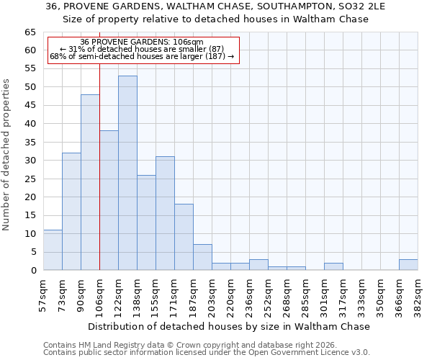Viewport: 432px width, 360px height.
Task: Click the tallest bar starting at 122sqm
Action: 127,173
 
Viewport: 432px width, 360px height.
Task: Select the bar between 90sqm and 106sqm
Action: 90,182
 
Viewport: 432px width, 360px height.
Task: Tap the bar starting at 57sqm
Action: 53,250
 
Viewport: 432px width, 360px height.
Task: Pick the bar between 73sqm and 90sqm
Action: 71,211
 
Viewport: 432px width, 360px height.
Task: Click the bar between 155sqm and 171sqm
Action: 165,213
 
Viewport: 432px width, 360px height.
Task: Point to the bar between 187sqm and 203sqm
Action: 202,257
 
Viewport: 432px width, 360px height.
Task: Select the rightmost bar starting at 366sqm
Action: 408,264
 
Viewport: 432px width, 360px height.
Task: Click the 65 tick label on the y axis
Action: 30,32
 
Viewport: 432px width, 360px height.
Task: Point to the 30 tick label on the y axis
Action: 30,161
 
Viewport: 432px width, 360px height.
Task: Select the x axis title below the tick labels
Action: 230,326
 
